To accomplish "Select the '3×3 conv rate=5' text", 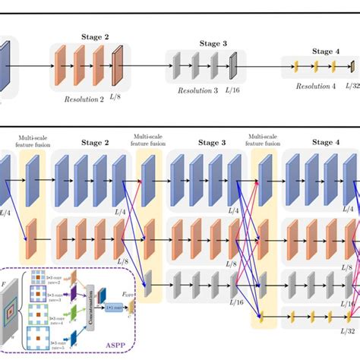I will (52, 343).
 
